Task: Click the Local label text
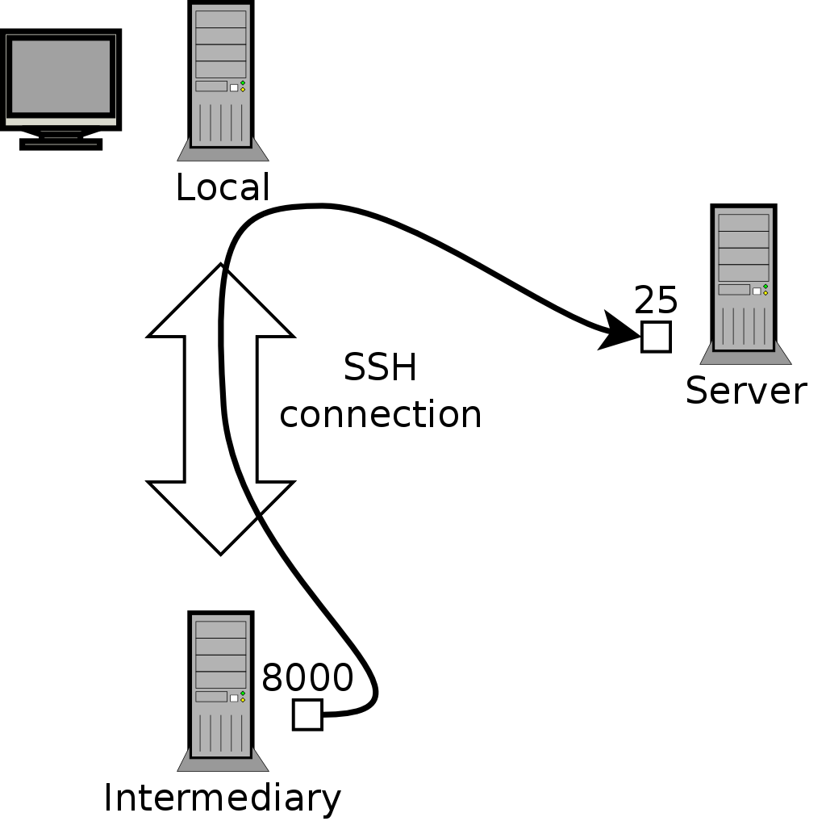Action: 222,188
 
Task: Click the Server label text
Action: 745,392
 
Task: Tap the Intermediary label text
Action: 222,798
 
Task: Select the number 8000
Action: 307,678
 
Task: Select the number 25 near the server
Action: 655,301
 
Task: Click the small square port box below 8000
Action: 307,714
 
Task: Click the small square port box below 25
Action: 656,337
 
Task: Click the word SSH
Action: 380,369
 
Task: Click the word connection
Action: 380,415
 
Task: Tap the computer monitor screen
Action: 60,76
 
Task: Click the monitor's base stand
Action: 60,143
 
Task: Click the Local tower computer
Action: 220,77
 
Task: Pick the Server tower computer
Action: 743,279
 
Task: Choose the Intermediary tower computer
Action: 220,686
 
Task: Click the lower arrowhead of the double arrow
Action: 220,517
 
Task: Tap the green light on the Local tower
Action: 243,83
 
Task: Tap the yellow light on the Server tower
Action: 765,292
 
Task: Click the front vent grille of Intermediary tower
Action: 220,731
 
